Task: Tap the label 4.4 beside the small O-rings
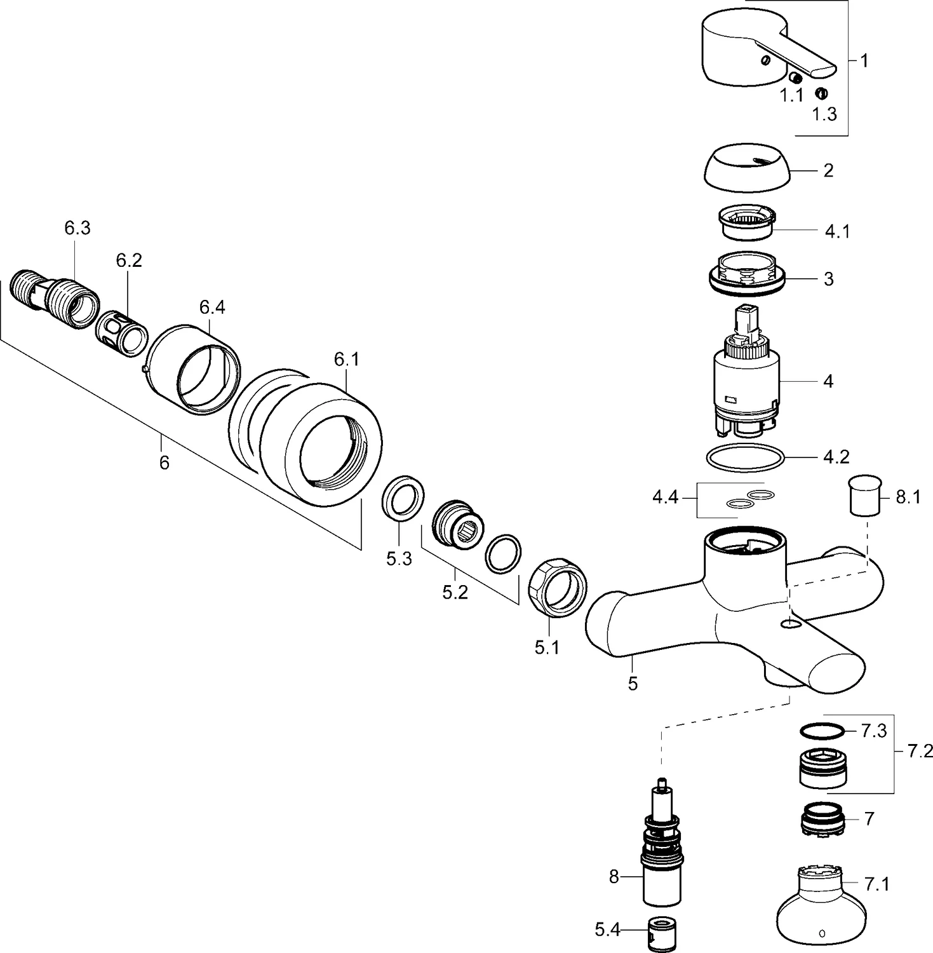[x=666, y=497]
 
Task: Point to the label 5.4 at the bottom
[x=607, y=930]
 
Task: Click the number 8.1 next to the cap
[x=908, y=497]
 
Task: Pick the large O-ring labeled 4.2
[x=745, y=457]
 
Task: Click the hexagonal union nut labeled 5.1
[x=557, y=587]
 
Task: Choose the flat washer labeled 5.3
[x=403, y=497]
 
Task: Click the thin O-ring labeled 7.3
[x=823, y=731]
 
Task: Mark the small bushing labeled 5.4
[x=661, y=930]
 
